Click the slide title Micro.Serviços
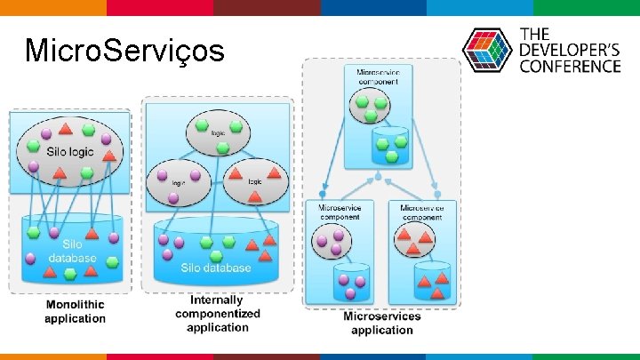tap(124, 51)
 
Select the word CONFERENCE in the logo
tap(570, 66)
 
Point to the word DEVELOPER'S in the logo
tap(570, 50)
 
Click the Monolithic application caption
tap(75, 311)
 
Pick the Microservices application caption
tap(382, 323)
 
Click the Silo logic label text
tap(69, 152)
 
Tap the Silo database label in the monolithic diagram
tap(73, 251)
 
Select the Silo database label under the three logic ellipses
tap(216, 267)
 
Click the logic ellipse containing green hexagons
tap(218, 135)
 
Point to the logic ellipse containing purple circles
tap(179, 182)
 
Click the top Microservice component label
tap(378, 76)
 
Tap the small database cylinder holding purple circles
tap(351, 281)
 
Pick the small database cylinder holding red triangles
tap(432, 280)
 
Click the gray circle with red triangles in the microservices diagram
tap(415, 236)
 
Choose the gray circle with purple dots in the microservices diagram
tap(335, 240)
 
